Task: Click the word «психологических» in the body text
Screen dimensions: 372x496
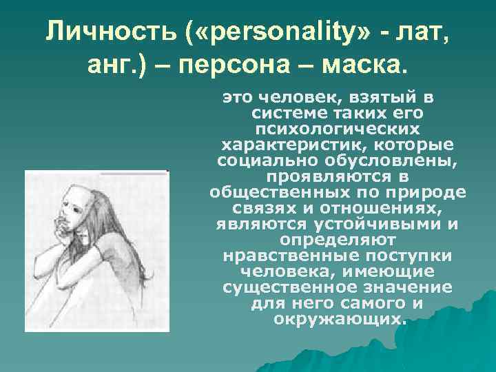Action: [x=338, y=128]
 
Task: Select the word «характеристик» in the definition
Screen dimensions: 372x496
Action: [x=274, y=145]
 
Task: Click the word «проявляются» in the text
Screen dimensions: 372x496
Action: [x=338, y=176]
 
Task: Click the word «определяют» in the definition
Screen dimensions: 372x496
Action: [x=338, y=240]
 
